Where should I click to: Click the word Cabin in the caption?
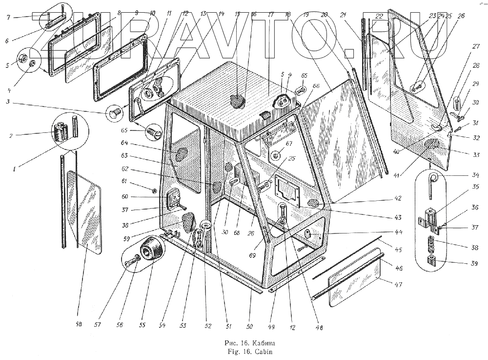(x=256, y=351)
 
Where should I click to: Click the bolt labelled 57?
(x=130, y=263)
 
